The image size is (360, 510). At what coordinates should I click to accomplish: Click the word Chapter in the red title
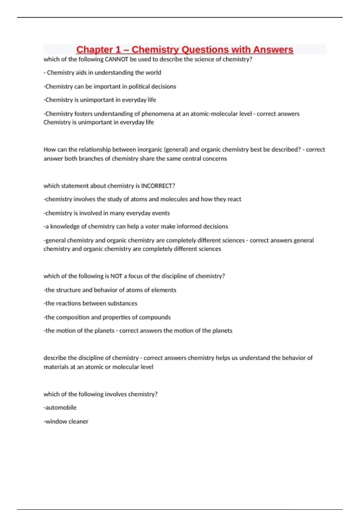coord(94,49)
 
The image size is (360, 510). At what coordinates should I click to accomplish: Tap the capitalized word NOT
coord(116,276)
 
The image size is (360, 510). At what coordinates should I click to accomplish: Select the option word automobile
coord(61,407)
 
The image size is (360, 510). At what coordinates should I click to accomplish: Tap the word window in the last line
coord(56,421)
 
